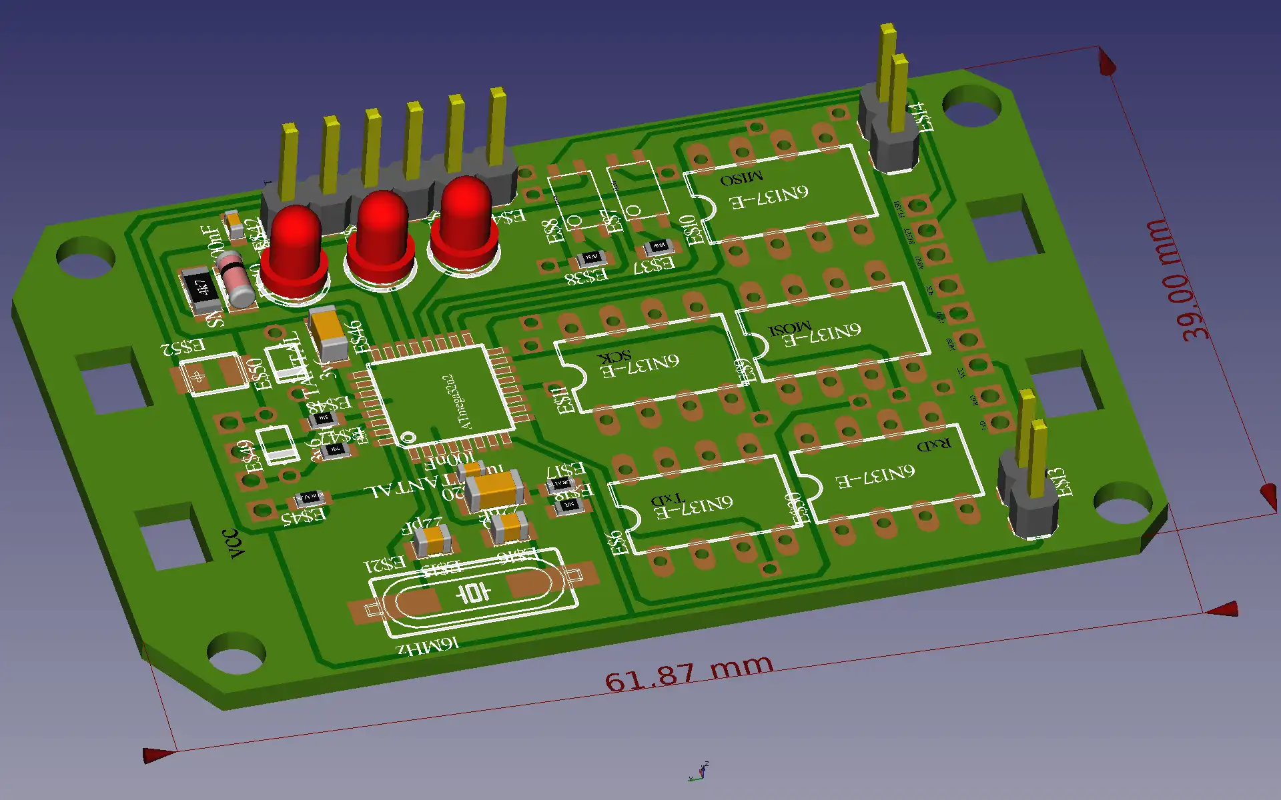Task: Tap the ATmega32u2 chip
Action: (440, 395)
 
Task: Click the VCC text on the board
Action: (234, 543)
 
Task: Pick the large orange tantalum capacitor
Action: (494, 490)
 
